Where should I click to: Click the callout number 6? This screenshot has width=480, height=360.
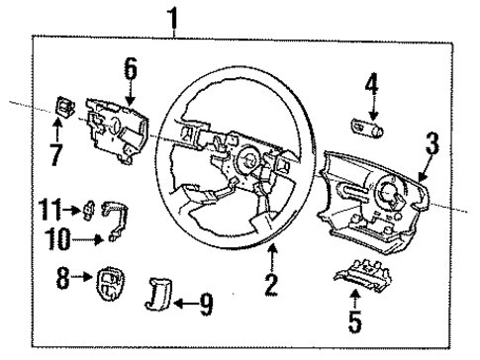(x=130, y=68)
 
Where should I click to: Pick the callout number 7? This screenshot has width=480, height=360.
(x=57, y=154)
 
